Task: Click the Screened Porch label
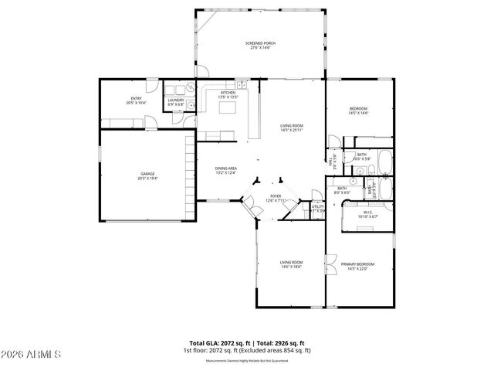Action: (260, 45)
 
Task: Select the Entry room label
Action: (135, 100)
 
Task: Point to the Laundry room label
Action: (175, 102)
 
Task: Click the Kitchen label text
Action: (217, 94)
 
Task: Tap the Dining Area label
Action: (225, 170)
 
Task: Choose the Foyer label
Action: (276, 198)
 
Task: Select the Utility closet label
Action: (317, 207)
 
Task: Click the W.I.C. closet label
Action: (367, 215)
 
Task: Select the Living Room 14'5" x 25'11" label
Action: (291, 128)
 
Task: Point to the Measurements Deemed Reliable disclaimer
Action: (246, 361)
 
